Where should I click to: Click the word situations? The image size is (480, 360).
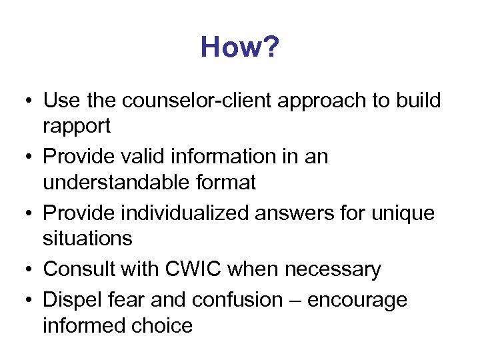click(x=87, y=237)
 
